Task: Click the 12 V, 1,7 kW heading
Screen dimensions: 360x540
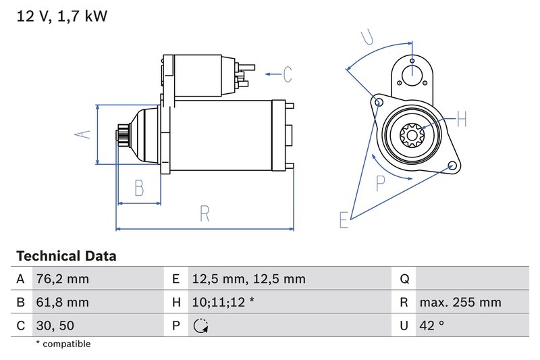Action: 61,16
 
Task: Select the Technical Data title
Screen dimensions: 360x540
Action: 65,257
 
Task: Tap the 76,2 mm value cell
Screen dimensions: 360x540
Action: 61,279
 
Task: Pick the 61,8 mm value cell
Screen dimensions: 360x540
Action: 61,303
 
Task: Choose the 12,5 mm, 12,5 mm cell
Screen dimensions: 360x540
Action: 248,279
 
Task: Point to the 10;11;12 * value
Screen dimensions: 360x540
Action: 223,303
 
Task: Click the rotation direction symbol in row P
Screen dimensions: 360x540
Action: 200,326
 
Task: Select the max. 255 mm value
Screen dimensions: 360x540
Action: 460,303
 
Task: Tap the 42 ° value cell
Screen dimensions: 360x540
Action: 431,326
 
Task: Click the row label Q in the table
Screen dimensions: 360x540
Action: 404,279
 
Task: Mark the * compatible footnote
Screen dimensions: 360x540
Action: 63,344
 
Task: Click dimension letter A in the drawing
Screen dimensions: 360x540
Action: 82,134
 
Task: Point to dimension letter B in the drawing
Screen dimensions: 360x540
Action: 138,188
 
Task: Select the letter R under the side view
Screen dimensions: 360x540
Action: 205,214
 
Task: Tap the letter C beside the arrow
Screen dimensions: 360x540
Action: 287,74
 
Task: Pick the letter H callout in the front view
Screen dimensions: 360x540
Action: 462,120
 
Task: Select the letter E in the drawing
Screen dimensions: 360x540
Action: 344,220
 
